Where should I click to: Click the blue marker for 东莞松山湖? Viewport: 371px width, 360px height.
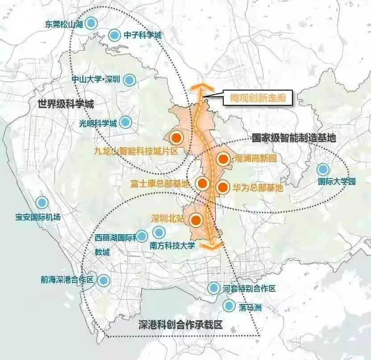[x=92, y=23]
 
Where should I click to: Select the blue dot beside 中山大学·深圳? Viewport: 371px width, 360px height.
[x=129, y=80]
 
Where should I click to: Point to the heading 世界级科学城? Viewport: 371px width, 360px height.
[x=66, y=104]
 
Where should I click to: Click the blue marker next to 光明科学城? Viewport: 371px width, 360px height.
[x=125, y=122]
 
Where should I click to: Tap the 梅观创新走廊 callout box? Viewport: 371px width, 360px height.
[x=258, y=97]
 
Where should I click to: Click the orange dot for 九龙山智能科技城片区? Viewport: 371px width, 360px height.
[x=176, y=138]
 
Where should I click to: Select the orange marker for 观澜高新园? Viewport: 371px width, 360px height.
[x=224, y=158]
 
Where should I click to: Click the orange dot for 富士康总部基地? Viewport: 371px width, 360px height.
[x=203, y=183]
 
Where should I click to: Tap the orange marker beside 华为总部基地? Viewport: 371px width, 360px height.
[x=222, y=187]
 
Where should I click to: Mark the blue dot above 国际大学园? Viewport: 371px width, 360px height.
[x=323, y=170]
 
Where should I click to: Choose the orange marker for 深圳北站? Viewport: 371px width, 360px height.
[x=196, y=219]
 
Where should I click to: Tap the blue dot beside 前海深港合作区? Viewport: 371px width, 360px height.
[x=104, y=280]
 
